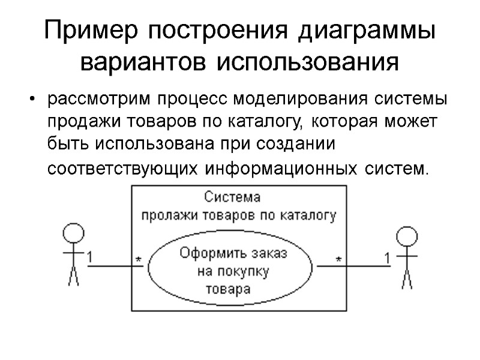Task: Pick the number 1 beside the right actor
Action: coord(387,258)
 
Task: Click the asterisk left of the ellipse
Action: coord(138,260)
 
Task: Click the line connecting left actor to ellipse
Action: coord(114,266)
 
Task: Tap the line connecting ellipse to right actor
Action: coord(360,266)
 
